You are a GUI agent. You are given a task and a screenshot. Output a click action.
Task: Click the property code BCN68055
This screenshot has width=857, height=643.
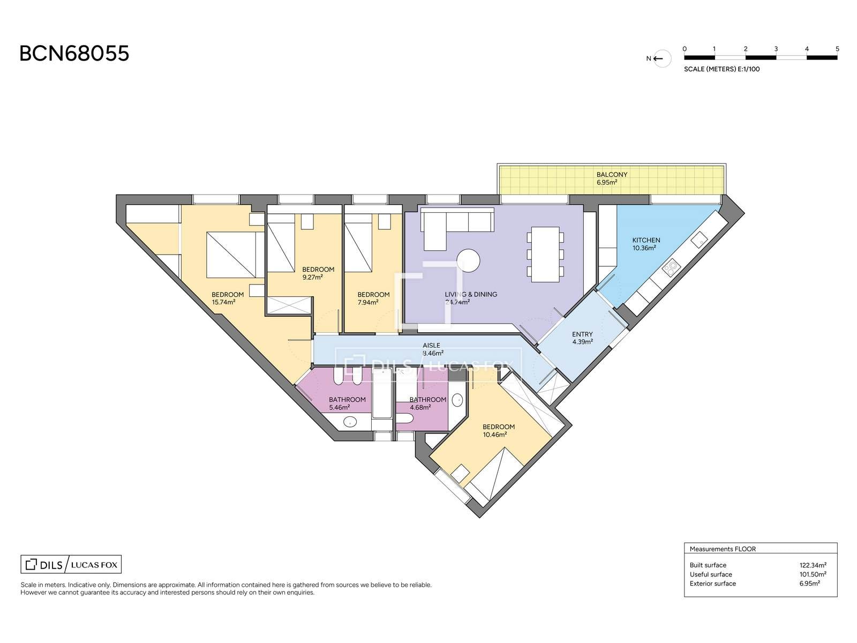coord(74,54)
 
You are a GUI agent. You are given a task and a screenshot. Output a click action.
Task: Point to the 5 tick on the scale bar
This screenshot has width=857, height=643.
coord(837,49)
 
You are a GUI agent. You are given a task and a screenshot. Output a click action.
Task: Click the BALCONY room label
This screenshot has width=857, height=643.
coord(612,175)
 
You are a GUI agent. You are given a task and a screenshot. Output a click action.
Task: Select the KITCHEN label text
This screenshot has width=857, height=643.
coord(646,240)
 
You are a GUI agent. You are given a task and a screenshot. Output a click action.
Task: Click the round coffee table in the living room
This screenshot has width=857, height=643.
coord(468,260)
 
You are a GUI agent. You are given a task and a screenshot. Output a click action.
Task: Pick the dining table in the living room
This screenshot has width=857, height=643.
coord(545,255)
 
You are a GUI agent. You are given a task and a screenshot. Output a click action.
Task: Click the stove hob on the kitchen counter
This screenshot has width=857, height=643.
coord(672,267)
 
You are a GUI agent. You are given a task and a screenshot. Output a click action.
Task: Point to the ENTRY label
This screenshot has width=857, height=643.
coord(582,334)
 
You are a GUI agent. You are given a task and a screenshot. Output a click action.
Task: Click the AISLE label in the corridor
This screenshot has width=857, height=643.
coord(431,346)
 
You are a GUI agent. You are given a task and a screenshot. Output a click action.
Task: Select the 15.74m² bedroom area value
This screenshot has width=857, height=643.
coord(224,302)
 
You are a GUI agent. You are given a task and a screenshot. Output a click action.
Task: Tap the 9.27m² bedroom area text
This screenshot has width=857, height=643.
coord(312,278)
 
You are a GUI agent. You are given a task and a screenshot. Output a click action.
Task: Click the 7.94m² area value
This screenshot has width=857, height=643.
coord(368,302)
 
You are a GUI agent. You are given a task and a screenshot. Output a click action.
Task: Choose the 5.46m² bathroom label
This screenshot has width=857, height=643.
coord(339,408)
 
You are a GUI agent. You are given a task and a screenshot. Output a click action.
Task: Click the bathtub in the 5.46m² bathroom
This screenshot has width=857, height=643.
coord(382,394)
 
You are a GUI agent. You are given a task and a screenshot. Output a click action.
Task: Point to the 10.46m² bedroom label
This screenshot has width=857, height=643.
coord(495,435)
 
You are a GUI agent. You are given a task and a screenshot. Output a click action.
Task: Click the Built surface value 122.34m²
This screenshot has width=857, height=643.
coord(813,565)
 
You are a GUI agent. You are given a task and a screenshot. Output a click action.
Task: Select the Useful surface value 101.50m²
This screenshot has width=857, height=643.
coord(813,574)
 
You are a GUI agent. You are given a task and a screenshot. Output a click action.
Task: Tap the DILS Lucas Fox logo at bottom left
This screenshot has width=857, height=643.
coord(71,565)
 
